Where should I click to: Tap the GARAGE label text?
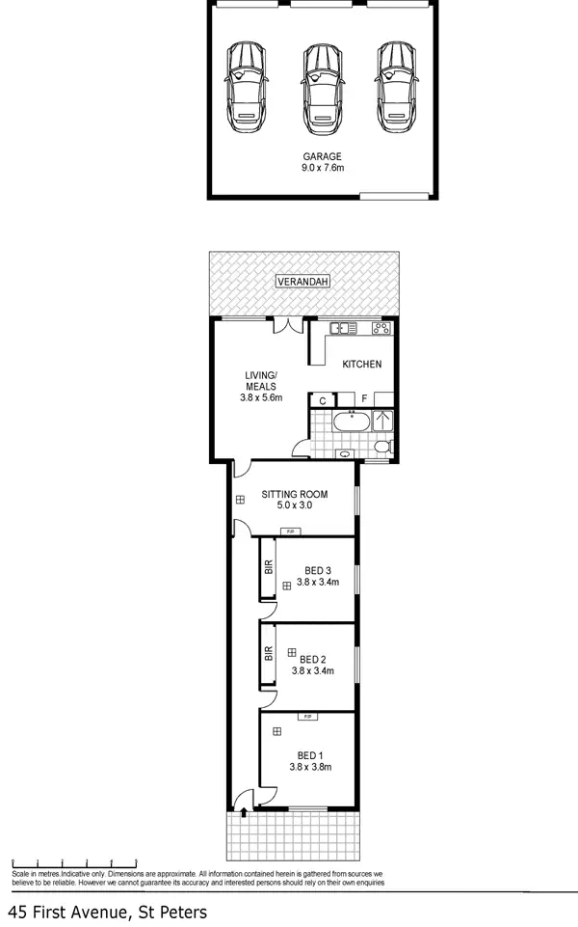pyautogui.click(x=322, y=156)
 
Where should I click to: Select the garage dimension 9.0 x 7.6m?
pyautogui.click(x=322, y=168)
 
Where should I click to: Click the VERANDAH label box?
pyautogui.click(x=303, y=282)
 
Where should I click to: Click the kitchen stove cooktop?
pyautogui.click(x=382, y=328)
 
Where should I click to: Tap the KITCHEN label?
pyautogui.click(x=363, y=364)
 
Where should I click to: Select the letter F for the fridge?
pyautogui.click(x=365, y=398)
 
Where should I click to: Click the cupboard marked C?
pyautogui.click(x=322, y=399)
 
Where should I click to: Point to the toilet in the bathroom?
pyautogui.click(x=383, y=447)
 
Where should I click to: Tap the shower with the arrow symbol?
pyautogui.click(x=382, y=422)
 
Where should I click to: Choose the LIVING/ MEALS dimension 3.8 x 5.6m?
pyautogui.click(x=260, y=396)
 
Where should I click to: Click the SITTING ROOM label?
pyautogui.click(x=295, y=495)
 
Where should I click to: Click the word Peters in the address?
pyautogui.click(x=178, y=911)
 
